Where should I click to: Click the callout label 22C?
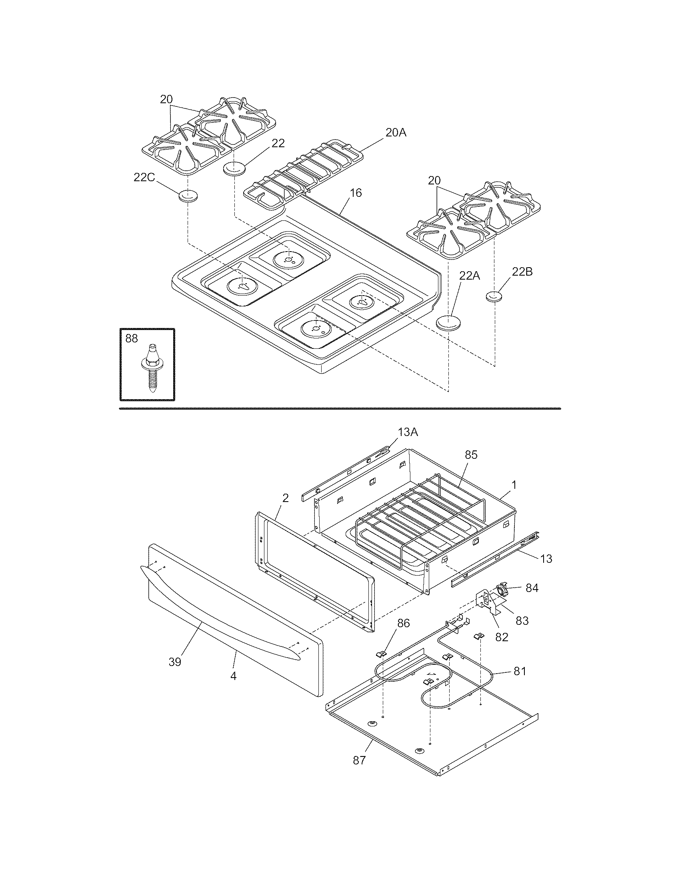pyautogui.click(x=144, y=177)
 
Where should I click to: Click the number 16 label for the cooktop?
pyautogui.click(x=356, y=193)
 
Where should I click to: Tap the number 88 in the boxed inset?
pyautogui.click(x=131, y=338)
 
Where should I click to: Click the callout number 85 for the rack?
pyautogui.click(x=471, y=455)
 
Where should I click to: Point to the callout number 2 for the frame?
pyautogui.click(x=286, y=498)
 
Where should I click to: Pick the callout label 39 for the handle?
pyautogui.click(x=175, y=662)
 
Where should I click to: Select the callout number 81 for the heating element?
pyautogui.click(x=519, y=671)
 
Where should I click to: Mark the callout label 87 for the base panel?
pyautogui.click(x=359, y=760)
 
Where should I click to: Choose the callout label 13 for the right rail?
pyautogui.click(x=546, y=559)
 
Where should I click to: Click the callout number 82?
pyautogui.click(x=502, y=637)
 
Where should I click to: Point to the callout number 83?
pyautogui.click(x=522, y=621)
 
